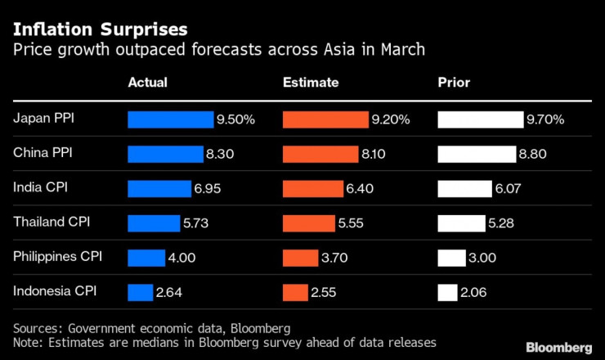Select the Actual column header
tap(147, 83)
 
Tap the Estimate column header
tap(311, 83)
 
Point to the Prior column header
tap(454, 83)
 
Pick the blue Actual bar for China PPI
tap(165, 154)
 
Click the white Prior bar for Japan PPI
tap(481, 119)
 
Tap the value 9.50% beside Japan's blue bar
tap(235, 119)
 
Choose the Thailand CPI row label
tap(52, 222)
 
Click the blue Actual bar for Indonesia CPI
tap(140, 292)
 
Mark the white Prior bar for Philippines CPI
tap(451, 258)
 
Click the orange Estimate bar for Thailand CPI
tap(308, 223)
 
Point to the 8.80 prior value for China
tap(532, 154)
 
